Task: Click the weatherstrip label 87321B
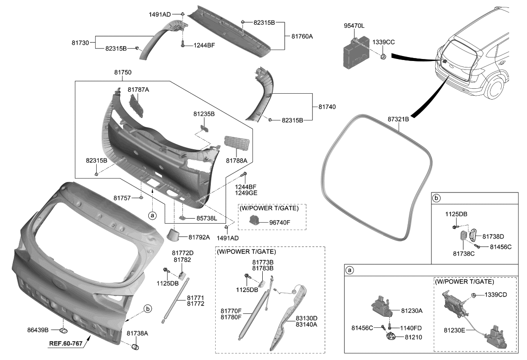(398, 119)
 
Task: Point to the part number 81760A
(302, 36)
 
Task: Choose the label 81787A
(138, 90)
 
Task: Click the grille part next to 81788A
(236, 146)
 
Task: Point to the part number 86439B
(38, 330)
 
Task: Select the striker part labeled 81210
(390, 337)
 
